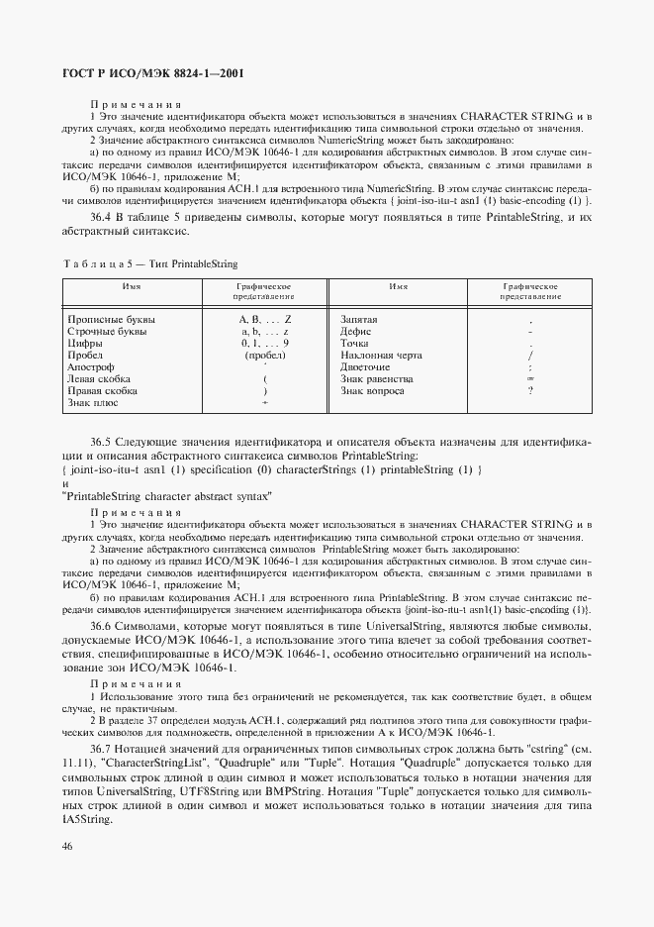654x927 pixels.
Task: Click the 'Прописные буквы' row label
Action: (x=111, y=320)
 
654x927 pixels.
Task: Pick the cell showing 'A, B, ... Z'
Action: (x=264, y=320)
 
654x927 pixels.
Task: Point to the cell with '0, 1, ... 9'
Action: (x=264, y=343)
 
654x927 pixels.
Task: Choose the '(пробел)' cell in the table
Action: (x=264, y=355)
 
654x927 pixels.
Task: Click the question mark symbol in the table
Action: (x=530, y=390)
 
